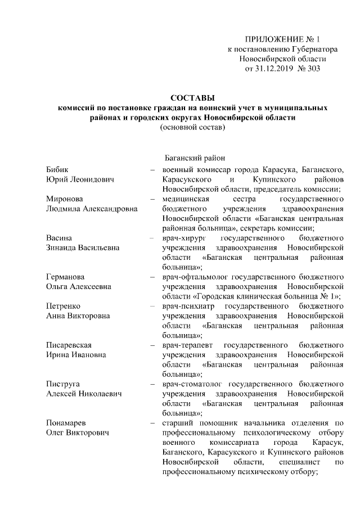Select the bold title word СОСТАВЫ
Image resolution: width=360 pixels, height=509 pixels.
click(192, 98)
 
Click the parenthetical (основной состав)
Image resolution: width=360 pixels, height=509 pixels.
click(192, 128)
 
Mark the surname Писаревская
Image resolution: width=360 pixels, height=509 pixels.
click(69, 345)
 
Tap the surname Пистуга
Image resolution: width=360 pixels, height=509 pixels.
click(62, 384)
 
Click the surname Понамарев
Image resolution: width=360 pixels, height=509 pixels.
click(67, 422)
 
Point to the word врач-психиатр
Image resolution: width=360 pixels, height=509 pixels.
click(188, 306)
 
